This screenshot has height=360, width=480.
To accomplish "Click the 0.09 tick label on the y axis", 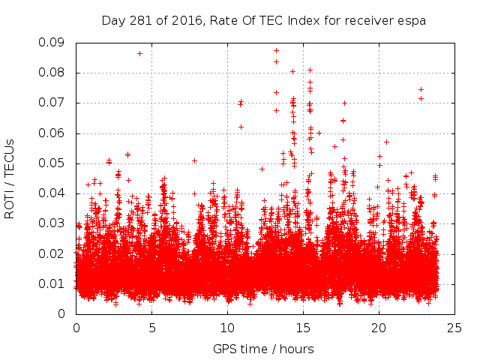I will tap(53, 43).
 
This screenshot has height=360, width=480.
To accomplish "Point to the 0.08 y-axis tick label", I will tap(53, 73).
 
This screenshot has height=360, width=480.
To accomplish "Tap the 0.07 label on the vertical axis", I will tap(53, 103).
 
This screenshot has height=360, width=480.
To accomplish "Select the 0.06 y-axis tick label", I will tap(53, 133).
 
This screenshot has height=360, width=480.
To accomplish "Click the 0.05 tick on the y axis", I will tap(53, 163).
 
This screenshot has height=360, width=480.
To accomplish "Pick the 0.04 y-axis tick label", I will tap(53, 193).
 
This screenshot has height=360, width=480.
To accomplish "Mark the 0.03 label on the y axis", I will tap(53, 223).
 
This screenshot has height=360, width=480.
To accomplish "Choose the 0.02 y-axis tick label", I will tap(53, 253).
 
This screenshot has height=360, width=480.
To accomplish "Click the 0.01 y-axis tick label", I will tap(53, 283).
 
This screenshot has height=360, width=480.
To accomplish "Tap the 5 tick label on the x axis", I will tap(152, 328).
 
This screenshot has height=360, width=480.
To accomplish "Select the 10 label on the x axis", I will tap(227, 328).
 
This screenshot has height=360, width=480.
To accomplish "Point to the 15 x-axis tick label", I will tap(303, 328).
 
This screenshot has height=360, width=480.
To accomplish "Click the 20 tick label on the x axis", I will tap(379, 328).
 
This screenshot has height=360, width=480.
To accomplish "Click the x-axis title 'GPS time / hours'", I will tap(263, 349).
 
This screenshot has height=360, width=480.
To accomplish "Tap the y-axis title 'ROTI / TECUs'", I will tap(10, 178).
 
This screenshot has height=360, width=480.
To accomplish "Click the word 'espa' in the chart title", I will tap(412, 21).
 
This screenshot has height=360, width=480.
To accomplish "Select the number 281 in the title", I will tap(139, 21).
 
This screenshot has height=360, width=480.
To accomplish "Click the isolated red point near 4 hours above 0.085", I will tap(139, 53).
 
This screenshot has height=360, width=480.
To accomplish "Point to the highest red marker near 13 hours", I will tap(276, 51).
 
